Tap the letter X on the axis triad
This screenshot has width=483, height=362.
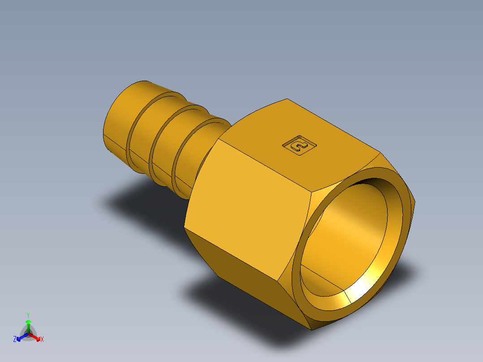[42, 340]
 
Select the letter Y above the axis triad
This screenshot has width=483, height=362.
[28, 315]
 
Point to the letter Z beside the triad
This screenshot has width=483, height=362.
[15, 340]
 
